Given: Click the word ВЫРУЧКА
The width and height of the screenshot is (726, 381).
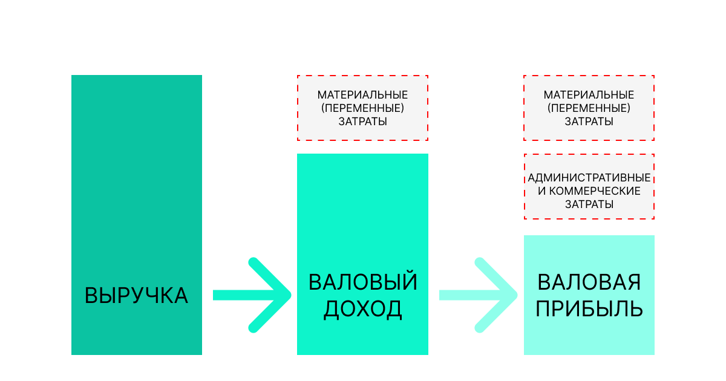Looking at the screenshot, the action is [137, 296].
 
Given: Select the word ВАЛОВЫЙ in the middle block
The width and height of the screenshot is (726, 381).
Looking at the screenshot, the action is [362, 282].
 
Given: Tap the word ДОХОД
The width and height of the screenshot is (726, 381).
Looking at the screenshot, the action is [362, 309].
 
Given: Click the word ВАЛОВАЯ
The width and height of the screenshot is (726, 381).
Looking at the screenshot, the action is [589, 282].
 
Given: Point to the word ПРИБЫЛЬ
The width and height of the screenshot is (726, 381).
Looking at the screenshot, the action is [589, 309].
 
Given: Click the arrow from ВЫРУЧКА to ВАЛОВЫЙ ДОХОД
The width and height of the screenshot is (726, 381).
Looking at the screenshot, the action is [252, 295].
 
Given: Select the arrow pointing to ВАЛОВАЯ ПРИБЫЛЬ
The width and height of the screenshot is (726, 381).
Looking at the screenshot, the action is [479, 295].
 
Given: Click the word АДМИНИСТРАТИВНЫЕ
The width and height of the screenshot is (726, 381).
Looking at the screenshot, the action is [589, 178].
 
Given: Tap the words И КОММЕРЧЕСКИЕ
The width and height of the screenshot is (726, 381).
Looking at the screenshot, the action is [589, 191].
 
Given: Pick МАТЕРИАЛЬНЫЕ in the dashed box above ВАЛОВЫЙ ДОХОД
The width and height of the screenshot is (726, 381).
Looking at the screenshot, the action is [362, 95].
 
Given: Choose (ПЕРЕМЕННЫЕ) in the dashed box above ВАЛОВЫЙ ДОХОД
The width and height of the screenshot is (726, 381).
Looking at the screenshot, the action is [362, 108].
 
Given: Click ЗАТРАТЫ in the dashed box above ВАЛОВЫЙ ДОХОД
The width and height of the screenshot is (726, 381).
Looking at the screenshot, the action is [362, 122].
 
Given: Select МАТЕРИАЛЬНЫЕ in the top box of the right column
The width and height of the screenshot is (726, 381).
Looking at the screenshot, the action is [589, 95].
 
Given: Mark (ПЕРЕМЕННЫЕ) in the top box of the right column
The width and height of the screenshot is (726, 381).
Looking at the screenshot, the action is [589, 108].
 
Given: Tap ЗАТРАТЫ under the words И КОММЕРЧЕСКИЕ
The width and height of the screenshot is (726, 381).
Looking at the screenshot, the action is [589, 204].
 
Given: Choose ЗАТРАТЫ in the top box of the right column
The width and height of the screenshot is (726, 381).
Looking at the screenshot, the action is [589, 122].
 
